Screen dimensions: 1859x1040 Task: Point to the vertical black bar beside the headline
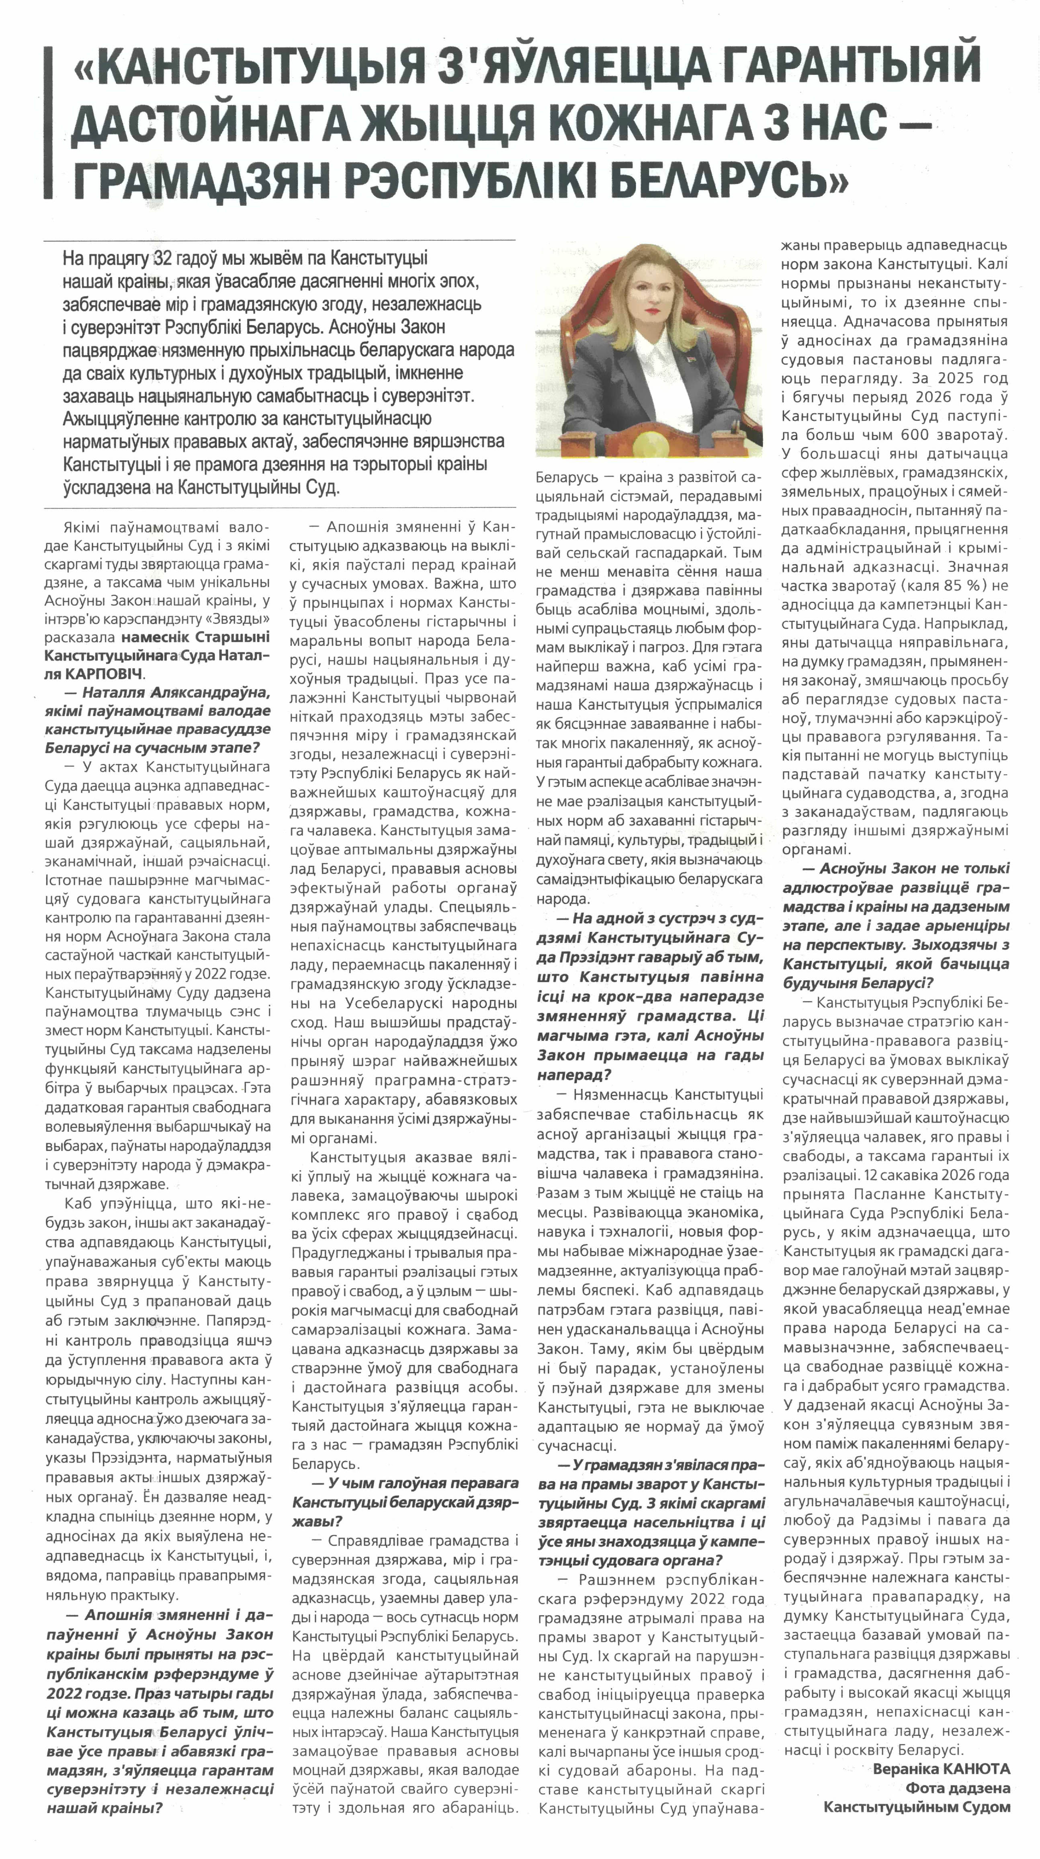pos(48,123)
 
